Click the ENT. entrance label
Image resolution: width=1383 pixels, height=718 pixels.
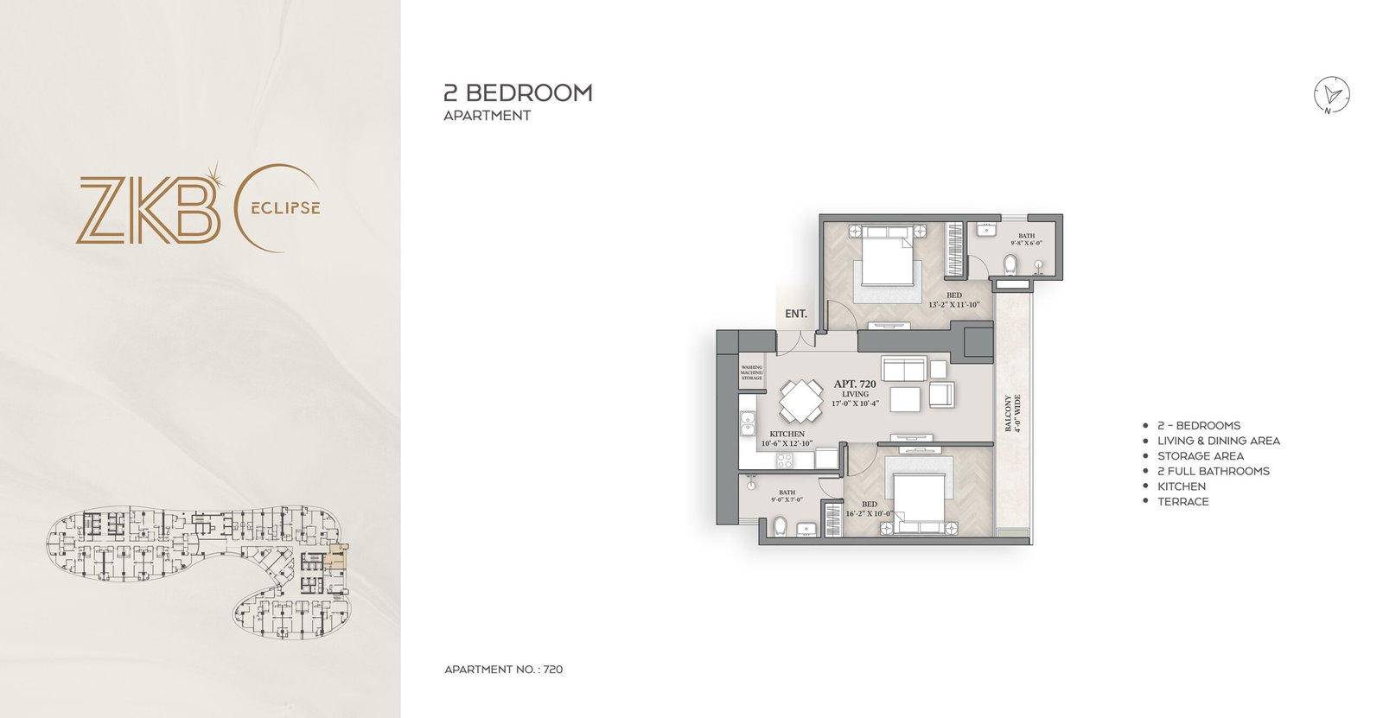pyautogui.click(x=795, y=314)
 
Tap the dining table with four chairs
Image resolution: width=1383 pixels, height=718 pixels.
pyautogui.click(x=801, y=400)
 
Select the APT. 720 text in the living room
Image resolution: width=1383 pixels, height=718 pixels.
pyautogui.click(x=854, y=384)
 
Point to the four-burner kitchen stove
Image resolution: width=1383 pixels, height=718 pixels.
pyautogui.click(x=784, y=461)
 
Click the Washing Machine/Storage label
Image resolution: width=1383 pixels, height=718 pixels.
pyautogui.click(x=751, y=372)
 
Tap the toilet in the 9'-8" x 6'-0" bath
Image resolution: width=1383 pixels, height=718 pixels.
pyautogui.click(x=1010, y=262)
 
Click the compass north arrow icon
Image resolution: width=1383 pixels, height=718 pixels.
pyautogui.click(x=1332, y=94)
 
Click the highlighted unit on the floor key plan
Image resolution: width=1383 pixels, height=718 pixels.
pyautogui.click(x=336, y=559)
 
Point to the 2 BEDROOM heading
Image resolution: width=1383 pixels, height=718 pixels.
pyautogui.click(x=518, y=92)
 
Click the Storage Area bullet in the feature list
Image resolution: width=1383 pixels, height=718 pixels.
pyautogui.click(x=1200, y=455)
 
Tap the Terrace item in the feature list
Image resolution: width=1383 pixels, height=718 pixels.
pyautogui.click(x=1182, y=501)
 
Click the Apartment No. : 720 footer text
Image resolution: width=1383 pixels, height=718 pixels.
pyautogui.click(x=503, y=669)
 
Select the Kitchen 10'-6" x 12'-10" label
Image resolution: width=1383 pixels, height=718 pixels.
pyautogui.click(x=786, y=438)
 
